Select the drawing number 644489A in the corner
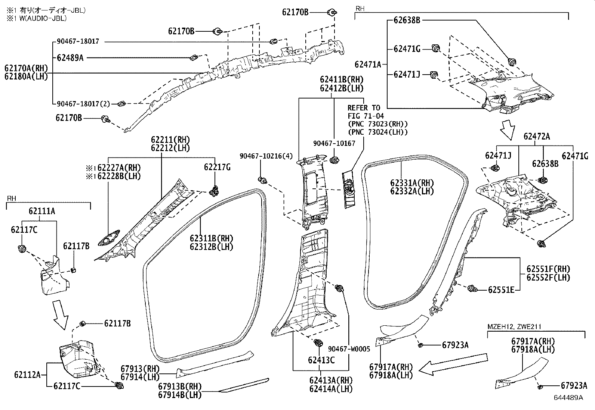[x=568, y=398]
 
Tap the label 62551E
[x=501, y=290]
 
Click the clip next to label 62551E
[x=472, y=288]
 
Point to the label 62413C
[x=321, y=360]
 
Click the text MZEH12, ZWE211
[x=514, y=327]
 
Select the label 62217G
[x=217, y=168]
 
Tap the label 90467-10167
[x=334, y=143]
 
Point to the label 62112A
[x=28, y=374]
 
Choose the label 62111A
[x=42, y=211]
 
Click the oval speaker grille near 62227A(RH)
[x=108, y=238]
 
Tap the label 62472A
[x=536, y=137]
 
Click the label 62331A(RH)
[x=412, y=183]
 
